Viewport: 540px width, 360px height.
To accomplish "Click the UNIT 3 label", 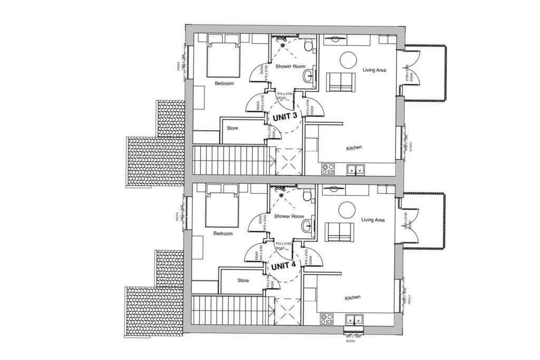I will point(285,116).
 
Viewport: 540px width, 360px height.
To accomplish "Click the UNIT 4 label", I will point(283,266).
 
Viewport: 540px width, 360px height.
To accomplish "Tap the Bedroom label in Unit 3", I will point(224,83).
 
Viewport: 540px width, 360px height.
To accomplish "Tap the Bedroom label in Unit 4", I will point(223,233).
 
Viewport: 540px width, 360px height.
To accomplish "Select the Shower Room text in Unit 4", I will point(290,217).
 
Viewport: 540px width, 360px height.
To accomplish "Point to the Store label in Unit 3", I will point(232,128).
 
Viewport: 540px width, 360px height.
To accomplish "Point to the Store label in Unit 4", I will point(243,280).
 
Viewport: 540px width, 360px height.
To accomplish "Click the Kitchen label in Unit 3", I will point(354,148).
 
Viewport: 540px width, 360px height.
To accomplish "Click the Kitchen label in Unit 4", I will point(353,298).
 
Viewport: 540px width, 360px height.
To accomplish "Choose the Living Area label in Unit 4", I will point(373,220).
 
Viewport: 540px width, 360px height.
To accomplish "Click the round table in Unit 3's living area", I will point(349,60).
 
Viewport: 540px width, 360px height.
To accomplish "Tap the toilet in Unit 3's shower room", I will point(309,45).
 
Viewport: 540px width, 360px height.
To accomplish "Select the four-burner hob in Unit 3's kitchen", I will point(329,169).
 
